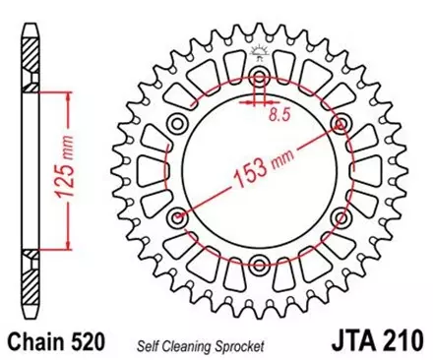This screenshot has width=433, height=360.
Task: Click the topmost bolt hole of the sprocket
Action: pyautogui.click(x=259, y=77)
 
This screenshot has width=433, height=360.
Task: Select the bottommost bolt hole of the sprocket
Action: pyautogui.click(x=259, y=262)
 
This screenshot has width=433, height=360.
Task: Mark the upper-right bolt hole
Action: pyautogui.click(x=340, y=123)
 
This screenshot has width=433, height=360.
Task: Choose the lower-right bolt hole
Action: pyautogui.click(x=340, y=215)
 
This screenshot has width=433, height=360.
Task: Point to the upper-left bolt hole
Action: pyautogui.click(x=178, y=123)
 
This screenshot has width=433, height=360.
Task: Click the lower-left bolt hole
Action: pyautogui.click(x=178, y=215)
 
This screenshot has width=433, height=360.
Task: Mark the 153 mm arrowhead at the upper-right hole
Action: pyautogui.click(x=334, y=127)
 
